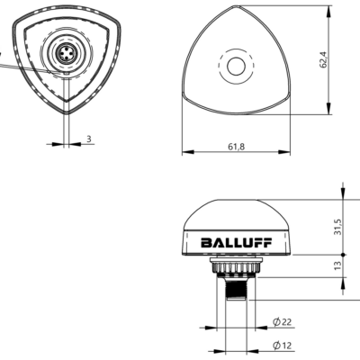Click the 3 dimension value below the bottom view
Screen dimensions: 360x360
coord(89,140)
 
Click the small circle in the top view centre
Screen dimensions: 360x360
coord(236,66)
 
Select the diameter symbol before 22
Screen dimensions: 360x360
coord(274,322)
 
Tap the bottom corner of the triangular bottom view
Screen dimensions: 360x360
coord(67,114)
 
